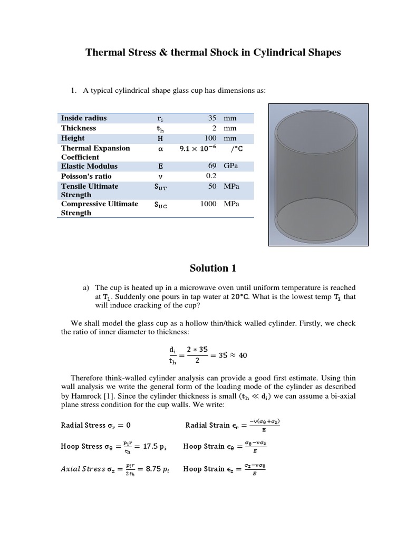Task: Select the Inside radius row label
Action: (x=84, y=118)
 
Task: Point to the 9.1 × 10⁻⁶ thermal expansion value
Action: (x=198, y=149)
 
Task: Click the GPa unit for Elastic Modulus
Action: (x=231, y=166)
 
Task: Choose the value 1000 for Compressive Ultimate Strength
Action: (x=208, y=204)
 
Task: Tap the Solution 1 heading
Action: (x=213, y=268)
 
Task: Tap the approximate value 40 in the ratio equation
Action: (x=243, y=355)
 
